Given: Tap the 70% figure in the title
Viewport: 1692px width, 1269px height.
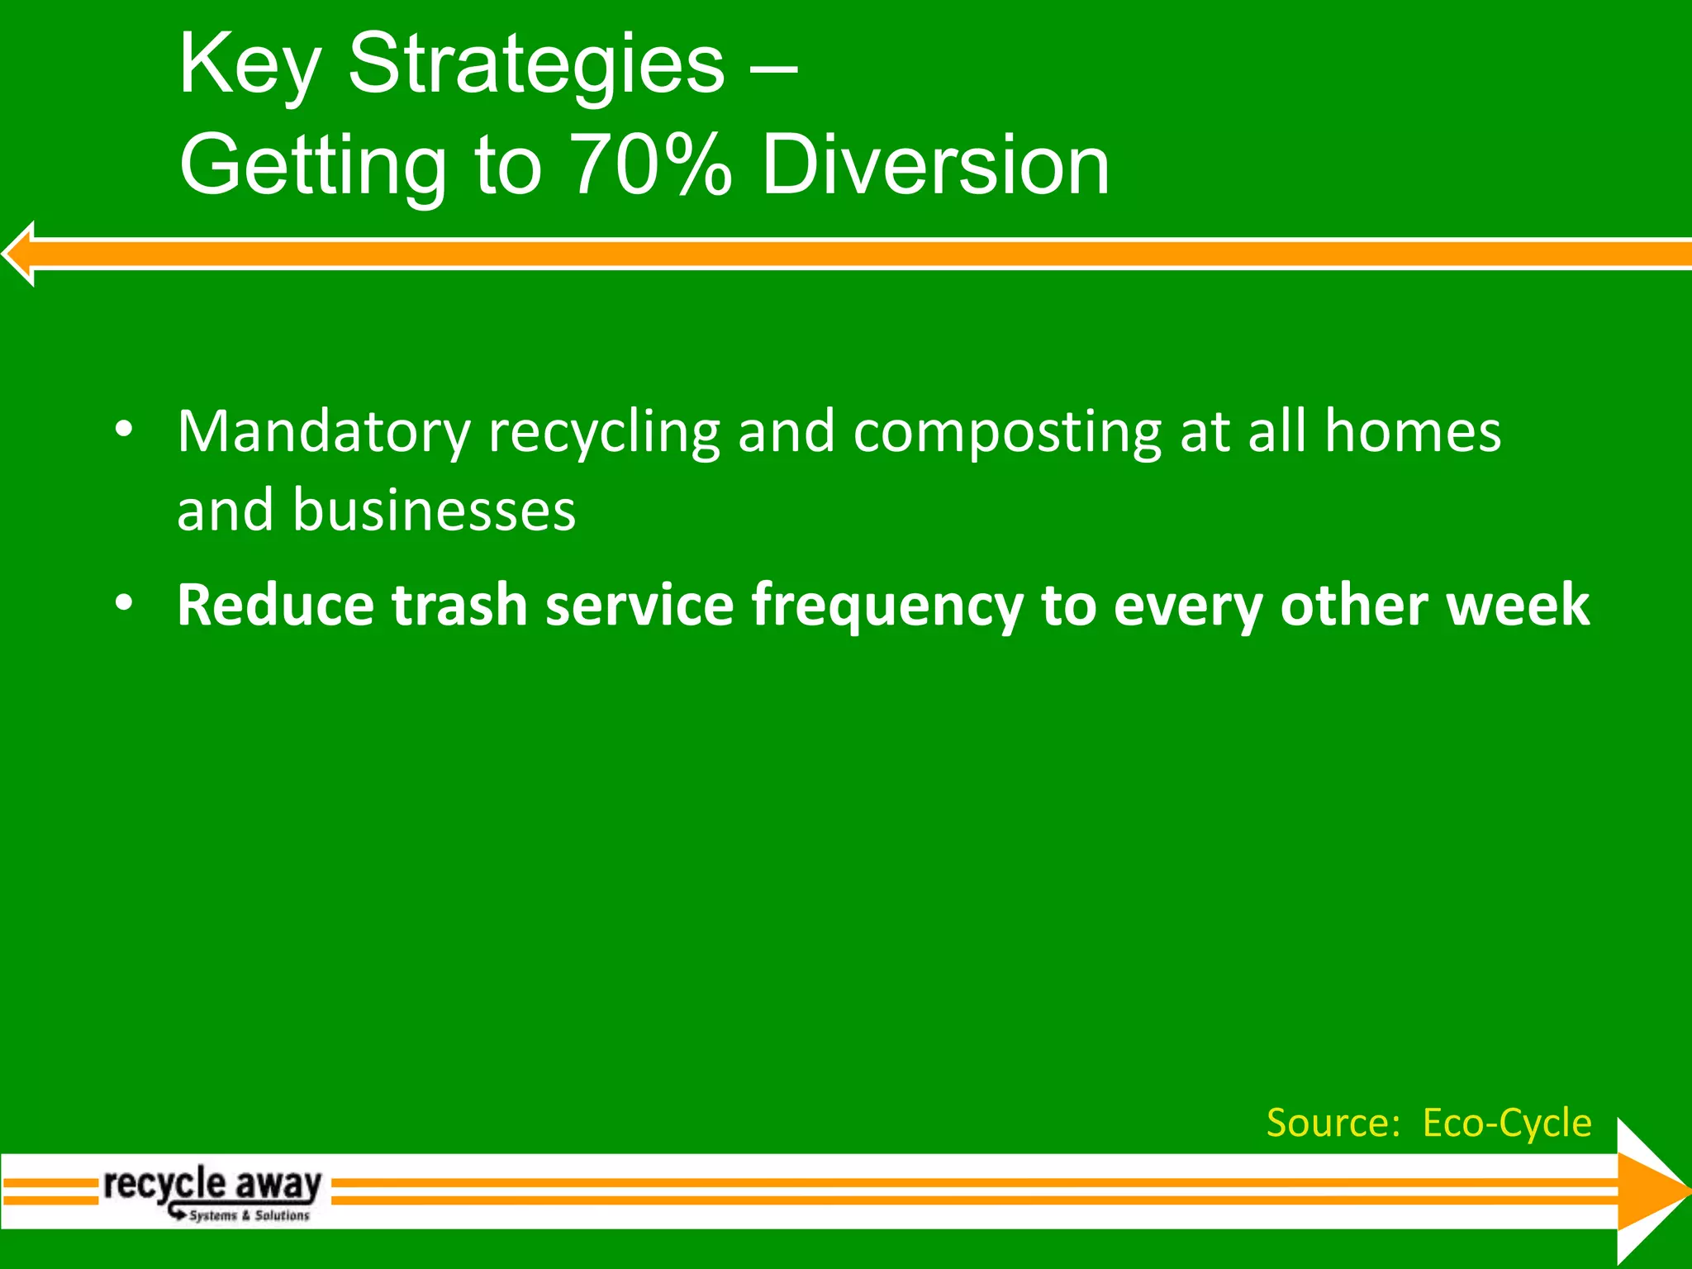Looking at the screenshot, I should pos(650,165).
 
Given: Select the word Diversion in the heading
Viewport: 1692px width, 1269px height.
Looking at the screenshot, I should pos(935,165).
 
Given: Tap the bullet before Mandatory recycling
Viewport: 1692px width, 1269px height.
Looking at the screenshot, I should pos(124,429).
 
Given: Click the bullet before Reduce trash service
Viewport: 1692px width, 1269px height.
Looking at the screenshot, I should pos(124,603).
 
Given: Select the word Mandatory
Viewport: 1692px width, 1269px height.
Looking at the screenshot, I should pos(323,432).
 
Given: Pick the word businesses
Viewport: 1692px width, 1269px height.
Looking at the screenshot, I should pos(434,510).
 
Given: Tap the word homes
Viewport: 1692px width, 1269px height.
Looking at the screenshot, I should pos(1412,432).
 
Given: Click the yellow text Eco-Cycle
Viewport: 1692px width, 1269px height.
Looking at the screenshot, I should pos(1506,1123).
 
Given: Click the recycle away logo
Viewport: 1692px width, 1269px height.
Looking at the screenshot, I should pos(212,1186).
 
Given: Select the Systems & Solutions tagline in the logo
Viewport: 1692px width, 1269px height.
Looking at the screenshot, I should pos(248,1215).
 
